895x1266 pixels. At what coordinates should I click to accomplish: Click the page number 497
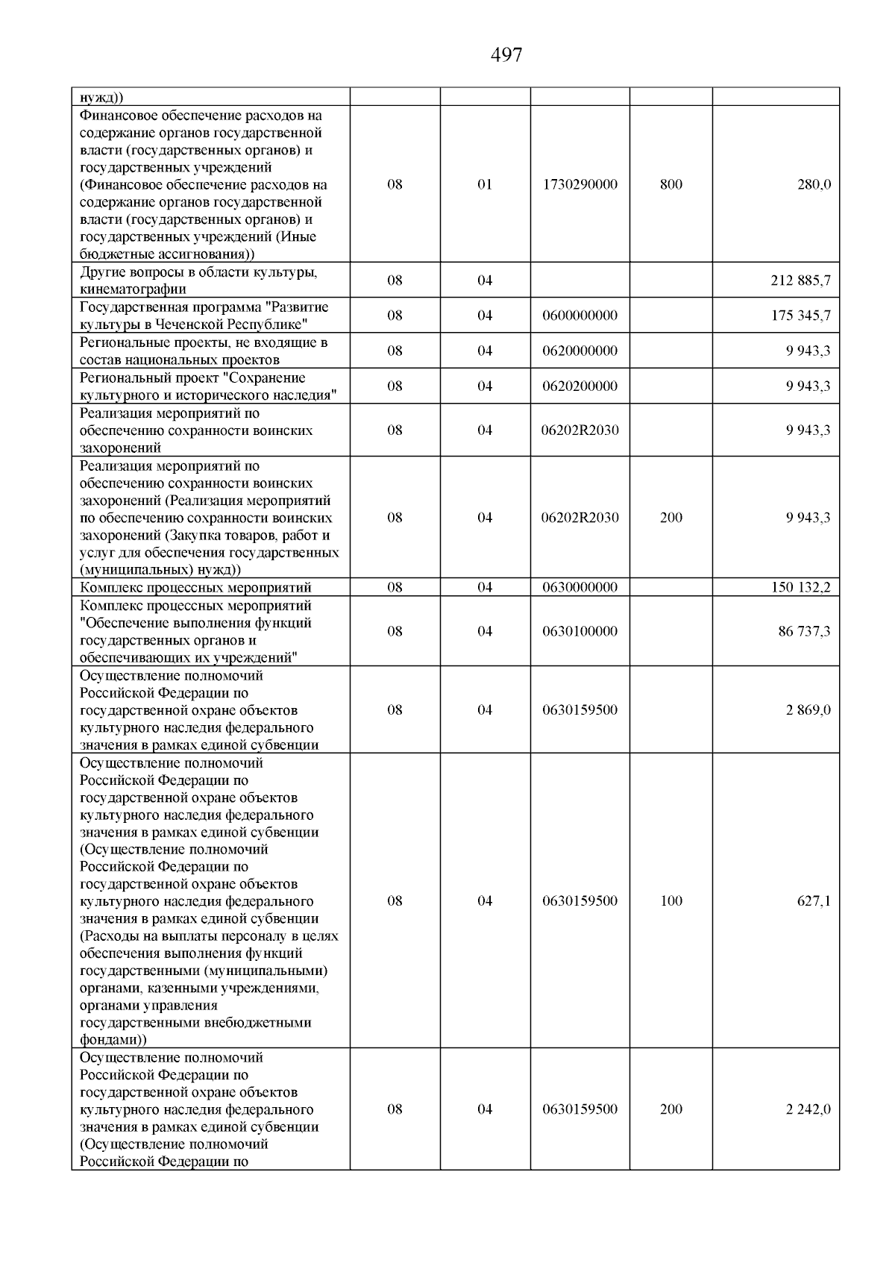click(506, 55)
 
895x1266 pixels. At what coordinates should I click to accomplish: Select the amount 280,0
click(814, 184)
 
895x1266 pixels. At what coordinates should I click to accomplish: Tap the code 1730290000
click(580, 184)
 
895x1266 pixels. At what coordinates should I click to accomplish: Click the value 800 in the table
click(671, 184)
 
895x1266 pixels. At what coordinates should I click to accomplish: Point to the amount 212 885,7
click(801, 281)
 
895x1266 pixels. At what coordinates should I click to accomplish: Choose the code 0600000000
click(580, 316)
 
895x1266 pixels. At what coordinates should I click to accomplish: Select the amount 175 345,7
click(801, 316)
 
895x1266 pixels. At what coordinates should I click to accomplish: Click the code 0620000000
click(580, 351)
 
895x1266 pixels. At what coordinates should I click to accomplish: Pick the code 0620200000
click(580, 386)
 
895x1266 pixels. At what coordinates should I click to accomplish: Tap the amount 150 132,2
click(801, 588)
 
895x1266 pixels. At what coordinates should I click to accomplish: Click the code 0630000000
click(580, 588)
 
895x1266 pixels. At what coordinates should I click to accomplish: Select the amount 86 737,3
click(804, 631)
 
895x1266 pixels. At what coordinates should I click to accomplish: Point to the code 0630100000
click(580, 631)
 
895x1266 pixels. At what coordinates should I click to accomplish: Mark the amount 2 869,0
click(808, 709)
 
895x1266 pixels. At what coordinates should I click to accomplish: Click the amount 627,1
click(814, 900)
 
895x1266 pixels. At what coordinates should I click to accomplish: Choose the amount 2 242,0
click(808, 1109)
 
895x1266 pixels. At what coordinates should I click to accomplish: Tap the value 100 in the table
click(671, 900)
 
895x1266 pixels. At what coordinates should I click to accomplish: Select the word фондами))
click(113, 1039)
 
